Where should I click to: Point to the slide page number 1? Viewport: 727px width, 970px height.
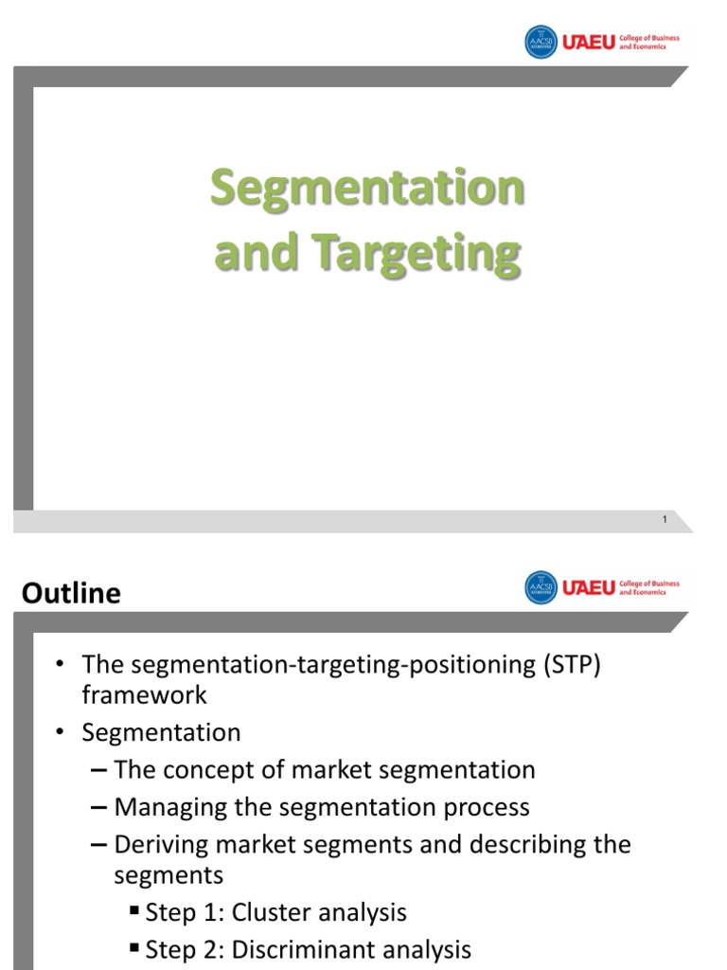(x=665, y=519)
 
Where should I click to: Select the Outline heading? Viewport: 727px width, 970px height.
(x=71, y=594)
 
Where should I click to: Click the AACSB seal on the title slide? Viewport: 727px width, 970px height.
(x=541, y=43)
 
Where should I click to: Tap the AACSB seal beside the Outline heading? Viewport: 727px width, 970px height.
(x=541, y=587)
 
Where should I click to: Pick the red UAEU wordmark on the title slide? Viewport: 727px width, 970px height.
(x=589, y=43)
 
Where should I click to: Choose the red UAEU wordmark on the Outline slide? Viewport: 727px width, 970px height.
(x=589, y=587)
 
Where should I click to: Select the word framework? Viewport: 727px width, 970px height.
(x=144, y=694)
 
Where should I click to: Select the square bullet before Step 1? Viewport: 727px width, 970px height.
(x=134, y=912)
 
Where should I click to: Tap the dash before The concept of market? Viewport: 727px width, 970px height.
(x=100, y=770)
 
